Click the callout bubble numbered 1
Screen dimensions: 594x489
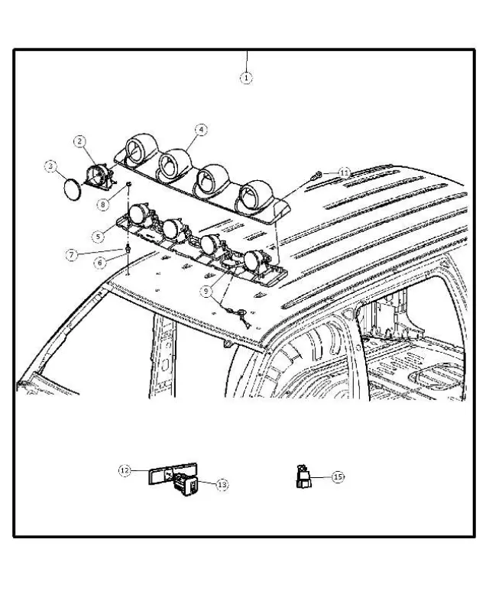246,77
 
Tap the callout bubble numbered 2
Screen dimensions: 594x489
79,141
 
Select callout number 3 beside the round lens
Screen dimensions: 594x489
50,165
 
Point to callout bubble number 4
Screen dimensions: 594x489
200,131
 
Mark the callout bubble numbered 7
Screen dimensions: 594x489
71,254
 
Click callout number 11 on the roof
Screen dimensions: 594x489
345,173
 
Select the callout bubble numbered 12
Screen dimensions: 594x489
125,471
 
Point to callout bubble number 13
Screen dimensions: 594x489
222,485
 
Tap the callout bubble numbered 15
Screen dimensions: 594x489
338,476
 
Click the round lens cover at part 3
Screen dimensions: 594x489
71,188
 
